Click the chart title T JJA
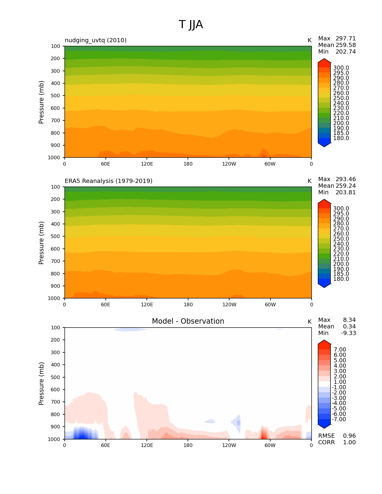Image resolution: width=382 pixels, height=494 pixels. (x=191, y=25)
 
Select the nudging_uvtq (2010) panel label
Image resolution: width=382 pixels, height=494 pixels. (x=96, y=40)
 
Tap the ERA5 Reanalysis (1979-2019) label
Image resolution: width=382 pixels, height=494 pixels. (x=108, y=181)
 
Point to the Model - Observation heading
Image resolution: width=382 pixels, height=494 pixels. (x=188, y=321)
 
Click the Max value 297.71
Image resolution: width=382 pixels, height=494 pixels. (x=345, y=39)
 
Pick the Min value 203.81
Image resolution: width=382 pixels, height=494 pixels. (x=345, y=193)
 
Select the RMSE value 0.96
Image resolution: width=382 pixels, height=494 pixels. (x=349, y=436)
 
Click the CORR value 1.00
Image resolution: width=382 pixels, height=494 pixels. (x=349, y=443)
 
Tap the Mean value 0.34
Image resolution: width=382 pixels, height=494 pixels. (x=349, y=327)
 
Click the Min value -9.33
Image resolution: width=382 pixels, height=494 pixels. (x=348, y=333)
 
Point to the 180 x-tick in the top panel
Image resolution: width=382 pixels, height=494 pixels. (x=188, y=164)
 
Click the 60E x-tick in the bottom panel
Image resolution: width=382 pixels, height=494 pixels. (x=105, y=445)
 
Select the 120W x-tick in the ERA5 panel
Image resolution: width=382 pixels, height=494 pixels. (x=229, y=304)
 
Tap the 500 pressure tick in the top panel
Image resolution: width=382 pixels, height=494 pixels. (x=56, y=96)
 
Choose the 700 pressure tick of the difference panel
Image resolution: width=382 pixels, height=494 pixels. (x=56, y=402)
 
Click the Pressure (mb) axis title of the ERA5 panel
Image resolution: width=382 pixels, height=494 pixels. (x=41, y=243)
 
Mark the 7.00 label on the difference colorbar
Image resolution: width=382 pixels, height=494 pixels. (x=340, y=350)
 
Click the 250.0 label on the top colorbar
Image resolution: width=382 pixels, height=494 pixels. (x=341, y=98)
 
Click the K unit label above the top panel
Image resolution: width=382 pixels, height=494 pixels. (x=309, y=40)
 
